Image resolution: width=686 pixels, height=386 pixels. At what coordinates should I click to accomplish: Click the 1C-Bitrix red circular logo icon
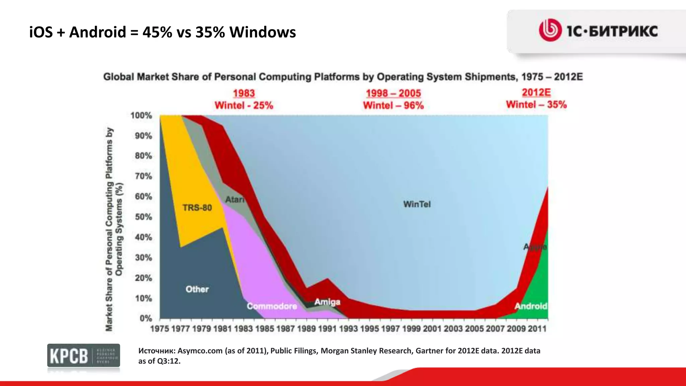click(x=550, y=30)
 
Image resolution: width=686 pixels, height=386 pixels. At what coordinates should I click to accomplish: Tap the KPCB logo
click(x=83, y=356)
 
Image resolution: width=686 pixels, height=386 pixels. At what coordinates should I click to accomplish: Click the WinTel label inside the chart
click(x=417, y=204)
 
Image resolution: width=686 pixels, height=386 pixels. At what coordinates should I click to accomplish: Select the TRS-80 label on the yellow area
click(x=197, y=208)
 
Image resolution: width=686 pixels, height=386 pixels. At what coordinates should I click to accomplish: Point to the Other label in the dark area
click(x=197, y=289)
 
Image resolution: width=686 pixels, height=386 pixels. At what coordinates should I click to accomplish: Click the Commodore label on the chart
click(x=272, y=306)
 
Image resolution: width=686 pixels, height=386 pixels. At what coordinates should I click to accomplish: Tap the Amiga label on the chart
click(x=327, y=302)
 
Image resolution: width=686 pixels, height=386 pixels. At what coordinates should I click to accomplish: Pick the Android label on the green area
click(x=531, y=306)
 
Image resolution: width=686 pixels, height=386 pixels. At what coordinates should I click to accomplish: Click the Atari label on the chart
click(x=234, y=200)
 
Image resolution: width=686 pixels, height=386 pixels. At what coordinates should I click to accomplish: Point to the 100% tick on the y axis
click(x=141, y=116)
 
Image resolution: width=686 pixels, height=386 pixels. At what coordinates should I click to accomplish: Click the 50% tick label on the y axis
click(x=143, y=217)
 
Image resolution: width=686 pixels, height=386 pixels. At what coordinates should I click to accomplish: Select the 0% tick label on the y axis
click(x=146, y=318)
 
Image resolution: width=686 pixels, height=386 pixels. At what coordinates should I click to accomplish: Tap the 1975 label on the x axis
click(x=159, y=329)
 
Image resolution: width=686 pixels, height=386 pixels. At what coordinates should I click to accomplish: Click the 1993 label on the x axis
click(x=348, y=329)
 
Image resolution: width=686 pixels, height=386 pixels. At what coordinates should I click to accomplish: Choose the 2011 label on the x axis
click(x=537, y=329)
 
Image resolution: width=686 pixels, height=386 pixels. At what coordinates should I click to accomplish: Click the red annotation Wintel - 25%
click(x=244, y=106)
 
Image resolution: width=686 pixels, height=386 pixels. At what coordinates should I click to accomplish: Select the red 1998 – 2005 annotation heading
click(x=393, y=93)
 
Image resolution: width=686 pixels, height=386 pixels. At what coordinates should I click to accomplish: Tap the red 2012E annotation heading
click(x=536, y=92)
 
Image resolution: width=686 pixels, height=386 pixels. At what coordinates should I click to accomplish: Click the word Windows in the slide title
click(x=263, y=32)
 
